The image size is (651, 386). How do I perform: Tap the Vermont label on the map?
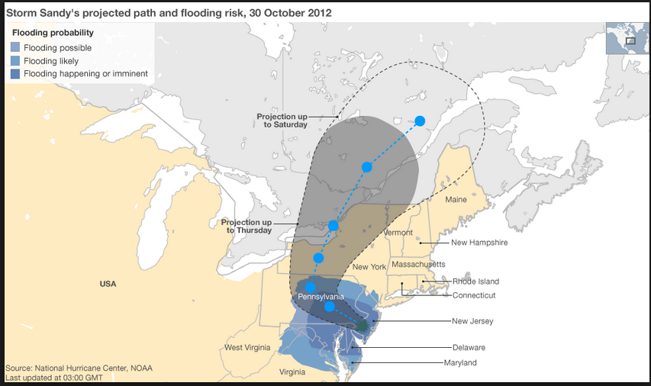click(x=398, y=233)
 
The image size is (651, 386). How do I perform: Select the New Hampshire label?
click(x=479, y=243)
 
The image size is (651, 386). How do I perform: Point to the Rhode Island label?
click(x=475, y=281)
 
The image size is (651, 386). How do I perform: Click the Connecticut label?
click(x=474, y=295)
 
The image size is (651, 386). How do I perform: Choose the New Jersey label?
click(x=472, y=321)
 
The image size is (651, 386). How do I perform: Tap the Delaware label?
click(x=469, y=347)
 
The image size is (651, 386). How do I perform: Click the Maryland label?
click(x=460, y=362)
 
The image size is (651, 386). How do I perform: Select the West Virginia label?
click(x=247, y=348)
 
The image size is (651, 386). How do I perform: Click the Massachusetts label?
click(x=417, y=264)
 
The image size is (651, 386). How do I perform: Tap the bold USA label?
click(x=108, y=284)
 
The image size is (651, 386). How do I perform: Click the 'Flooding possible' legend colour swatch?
click(x=15, y=47)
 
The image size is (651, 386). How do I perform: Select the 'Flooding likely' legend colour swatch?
click(x=15, y=60)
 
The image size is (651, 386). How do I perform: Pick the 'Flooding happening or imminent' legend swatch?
click(x=15, y=73)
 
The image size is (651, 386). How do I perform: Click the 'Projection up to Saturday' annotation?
click(x=282, y=120)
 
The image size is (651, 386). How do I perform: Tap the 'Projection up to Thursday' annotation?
click(x=247, y=226)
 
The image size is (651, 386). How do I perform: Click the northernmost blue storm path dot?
click(x=420, y=121)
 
